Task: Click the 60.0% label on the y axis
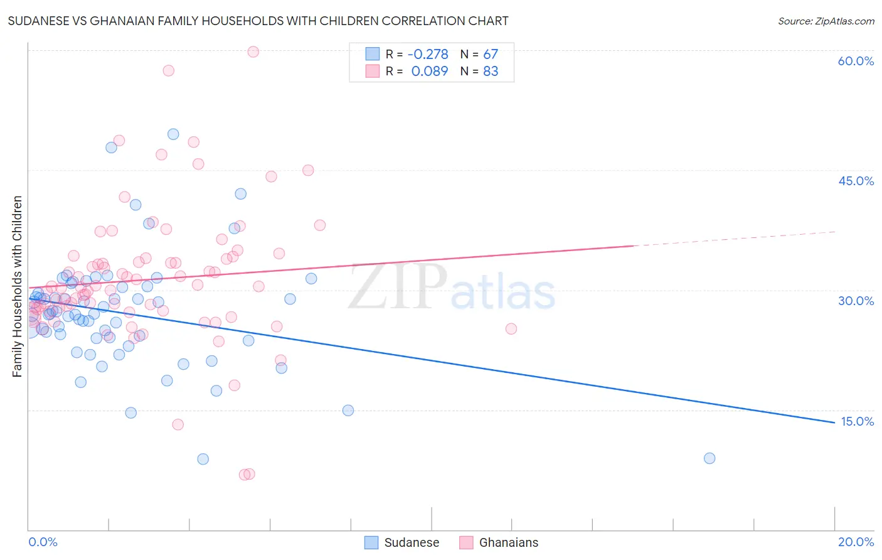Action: (856, 61)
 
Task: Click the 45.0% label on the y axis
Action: (856, 181)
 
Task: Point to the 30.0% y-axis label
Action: (856, 301)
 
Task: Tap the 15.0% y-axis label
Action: (857, 421)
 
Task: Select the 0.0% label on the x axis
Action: (43, 542)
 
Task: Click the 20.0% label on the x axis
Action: (856, 542)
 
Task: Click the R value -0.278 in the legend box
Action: (428, 55)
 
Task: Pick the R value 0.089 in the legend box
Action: (430, 72)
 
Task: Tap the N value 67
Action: (491, 55)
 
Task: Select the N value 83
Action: (491, 72)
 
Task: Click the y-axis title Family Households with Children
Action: (18, 286)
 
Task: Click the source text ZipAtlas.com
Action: (826, 21)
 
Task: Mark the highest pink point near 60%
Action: (253, 51)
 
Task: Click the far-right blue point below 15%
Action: (709, 458)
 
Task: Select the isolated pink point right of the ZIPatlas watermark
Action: (511, 328)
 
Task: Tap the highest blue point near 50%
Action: (173, 134)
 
